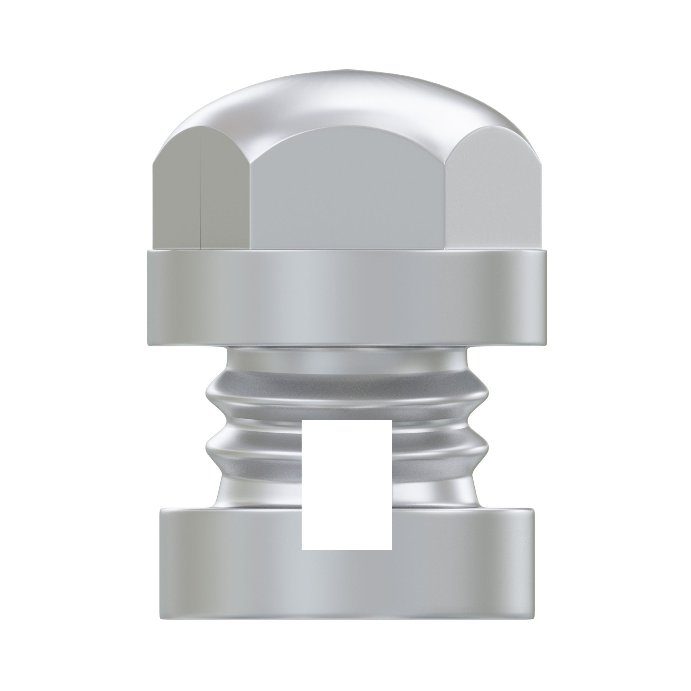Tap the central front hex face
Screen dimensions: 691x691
(x=349, y=193)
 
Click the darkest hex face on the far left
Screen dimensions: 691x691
(x=177, y=200)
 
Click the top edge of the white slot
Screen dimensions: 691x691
(x=347, y=421)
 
